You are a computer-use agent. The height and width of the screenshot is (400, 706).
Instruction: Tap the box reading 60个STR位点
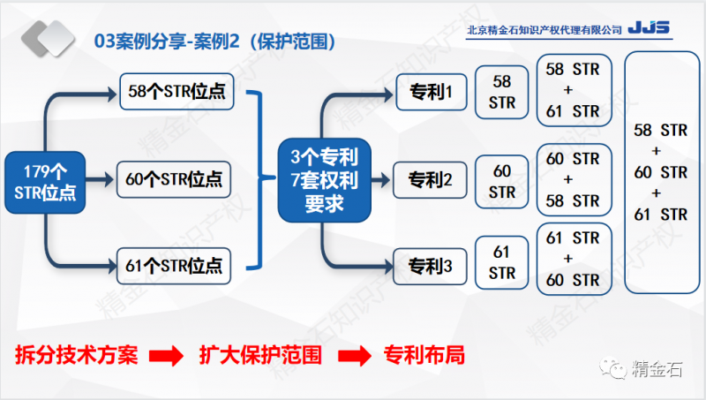click(x=176, y=179)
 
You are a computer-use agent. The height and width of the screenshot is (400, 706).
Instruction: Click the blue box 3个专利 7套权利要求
click(x=324, y=181)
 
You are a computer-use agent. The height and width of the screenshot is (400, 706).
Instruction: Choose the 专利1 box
click(x=429, y=91)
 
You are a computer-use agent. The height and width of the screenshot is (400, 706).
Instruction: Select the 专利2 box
click(x=429, y=180)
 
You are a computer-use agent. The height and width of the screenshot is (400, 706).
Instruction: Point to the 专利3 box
click(x=429, y=264)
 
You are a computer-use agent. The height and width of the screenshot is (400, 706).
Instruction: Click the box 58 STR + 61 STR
click(x=573, y=90)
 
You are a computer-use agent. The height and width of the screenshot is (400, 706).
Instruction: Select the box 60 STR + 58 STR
click(x=573, y=179)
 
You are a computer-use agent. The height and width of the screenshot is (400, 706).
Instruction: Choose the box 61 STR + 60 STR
click(x=573, y=260)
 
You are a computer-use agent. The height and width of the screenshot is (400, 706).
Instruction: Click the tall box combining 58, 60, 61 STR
click(x=660, y=172)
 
